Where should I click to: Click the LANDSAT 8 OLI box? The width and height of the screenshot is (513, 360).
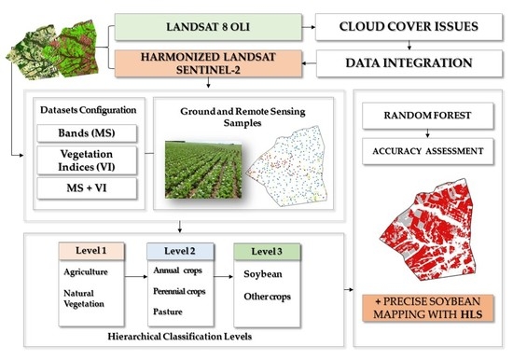click(x=208, y=27)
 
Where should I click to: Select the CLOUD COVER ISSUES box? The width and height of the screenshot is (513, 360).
click(x=409, y=27)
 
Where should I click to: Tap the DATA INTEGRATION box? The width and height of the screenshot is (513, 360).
click(x=409, y=63)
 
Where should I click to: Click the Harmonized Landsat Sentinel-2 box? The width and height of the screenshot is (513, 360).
click(x=208, y=63)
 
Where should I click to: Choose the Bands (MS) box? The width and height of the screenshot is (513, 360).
click(x=87, y=133)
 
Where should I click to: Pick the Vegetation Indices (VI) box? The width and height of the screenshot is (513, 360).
click(x=87, y=160)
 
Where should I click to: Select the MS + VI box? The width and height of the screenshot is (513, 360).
click(x=87, y=188)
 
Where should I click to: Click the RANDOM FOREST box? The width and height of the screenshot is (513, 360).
click(x=427, y=116)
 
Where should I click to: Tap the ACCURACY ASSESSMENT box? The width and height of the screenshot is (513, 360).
click(x=427, y=151)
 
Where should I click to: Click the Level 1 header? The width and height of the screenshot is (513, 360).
click(x=91, y=251)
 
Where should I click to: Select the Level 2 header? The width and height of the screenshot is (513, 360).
click(x=180, y=251)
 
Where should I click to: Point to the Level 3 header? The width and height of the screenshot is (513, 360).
click(x=267, y=252)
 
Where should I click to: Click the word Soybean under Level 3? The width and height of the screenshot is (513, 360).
click(x=263, y=274)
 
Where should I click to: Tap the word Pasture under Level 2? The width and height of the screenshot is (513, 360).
click(x=168, y=312)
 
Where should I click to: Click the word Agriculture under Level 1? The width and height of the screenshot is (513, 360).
click(x=86, y=272)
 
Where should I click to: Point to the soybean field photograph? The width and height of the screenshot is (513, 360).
click(x=203, y=170)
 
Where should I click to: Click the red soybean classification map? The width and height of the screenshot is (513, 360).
click(x=428, y=229)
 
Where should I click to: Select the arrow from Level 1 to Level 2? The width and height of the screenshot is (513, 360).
click(x=136, y=277)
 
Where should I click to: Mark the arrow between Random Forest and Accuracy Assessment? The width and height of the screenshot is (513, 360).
click(x=427, y=133)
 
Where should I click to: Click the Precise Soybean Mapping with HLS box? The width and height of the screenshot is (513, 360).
click(x=428, y=308)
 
